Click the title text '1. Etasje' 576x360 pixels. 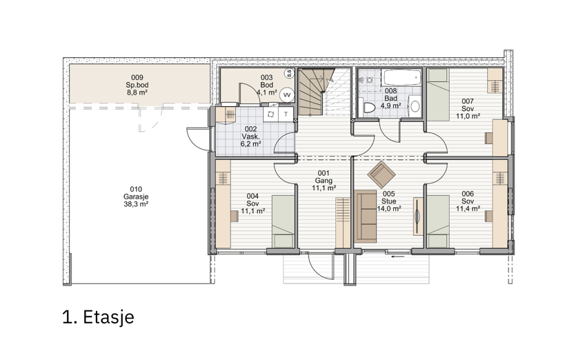[98, 317]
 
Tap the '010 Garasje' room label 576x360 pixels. [136, 193]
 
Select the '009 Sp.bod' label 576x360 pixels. [137, 81]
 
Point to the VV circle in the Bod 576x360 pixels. [286, 95]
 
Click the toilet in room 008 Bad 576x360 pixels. [368, 108]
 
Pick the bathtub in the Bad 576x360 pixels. [401, 77]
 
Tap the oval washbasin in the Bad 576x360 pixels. [415, 106]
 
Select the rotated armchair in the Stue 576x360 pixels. [381, 174]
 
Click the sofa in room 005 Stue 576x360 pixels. [366, 217]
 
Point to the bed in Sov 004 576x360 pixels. [284, 221]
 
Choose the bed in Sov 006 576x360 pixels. [438, 221]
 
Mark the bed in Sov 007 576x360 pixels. [438, 94]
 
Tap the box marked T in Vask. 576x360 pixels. [286, 114]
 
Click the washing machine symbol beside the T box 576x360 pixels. [270, 114]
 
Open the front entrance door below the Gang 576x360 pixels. [321, 266]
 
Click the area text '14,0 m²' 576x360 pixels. [389, 209]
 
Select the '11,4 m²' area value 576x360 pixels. [468, 209]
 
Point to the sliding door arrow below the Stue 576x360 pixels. [398, 257]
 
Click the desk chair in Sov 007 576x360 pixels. [488, 138]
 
